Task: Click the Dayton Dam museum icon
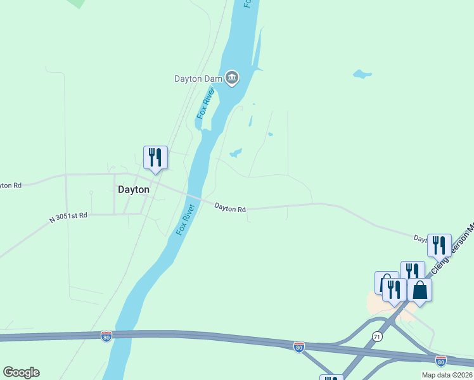click(232, 79)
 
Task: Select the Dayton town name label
click(134, 189)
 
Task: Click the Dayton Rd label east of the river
click(229, 208)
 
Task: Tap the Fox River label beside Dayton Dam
click(207, 103)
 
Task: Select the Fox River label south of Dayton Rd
click(184, 220)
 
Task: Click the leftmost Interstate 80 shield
click(106, 335)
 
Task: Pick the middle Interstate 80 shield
click(298, 346)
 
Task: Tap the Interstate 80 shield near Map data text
click(441, 360)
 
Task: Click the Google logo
click(21, 372)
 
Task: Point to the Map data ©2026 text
click(447, 375)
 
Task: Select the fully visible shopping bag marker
click(420, 290)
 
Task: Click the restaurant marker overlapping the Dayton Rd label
click(439, 245)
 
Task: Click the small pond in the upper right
click(362, 74)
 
